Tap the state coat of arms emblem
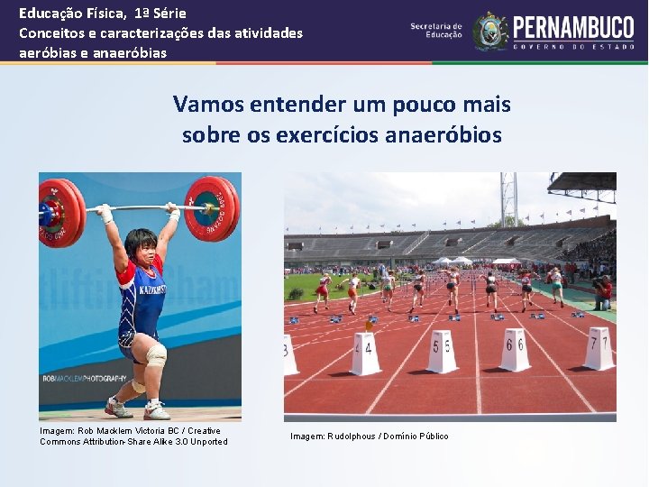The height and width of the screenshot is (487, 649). (x=490, y=32)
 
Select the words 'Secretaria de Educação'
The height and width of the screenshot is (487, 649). (x=436, y=31)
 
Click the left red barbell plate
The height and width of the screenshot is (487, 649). (x=60, y=212)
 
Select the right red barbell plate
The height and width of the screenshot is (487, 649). (x=212, y=207)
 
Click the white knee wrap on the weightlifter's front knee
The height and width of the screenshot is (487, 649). (x=156, y=354)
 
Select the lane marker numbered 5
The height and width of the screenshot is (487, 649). (x=442, y=351)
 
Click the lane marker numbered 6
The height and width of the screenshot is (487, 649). (x=515, y=349)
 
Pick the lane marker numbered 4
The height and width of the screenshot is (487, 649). (x=365, y=353)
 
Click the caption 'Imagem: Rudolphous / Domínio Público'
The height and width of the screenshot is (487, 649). (x=370, y=436)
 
